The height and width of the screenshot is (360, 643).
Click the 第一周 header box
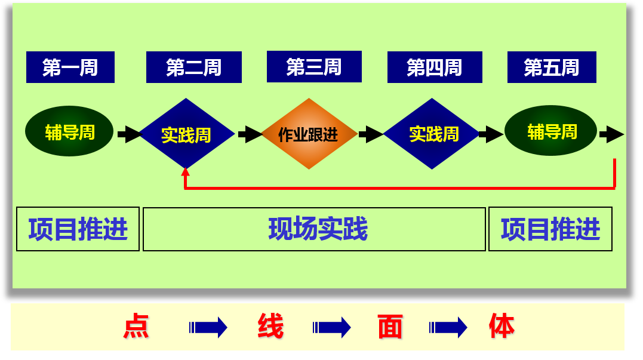click(x=70, y=67)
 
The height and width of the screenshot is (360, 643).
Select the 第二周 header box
click(x=194, y=67)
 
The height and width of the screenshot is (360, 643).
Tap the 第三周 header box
click(x=314, y=66)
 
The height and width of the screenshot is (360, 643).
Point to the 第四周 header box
click(x=435, y=67)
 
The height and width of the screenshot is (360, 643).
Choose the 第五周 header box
click(x=552, y=67)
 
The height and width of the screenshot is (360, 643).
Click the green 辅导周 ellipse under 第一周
click(x=69, y=131)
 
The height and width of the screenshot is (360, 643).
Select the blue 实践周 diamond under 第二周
click(x=186, y=134)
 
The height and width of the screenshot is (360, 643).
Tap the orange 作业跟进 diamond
click(x=309, y=134)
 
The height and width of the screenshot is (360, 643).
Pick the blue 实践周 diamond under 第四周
click(x=432, y=134)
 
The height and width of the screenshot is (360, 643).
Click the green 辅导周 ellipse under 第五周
click(x=550, y=131)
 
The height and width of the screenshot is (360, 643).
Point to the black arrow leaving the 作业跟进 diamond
click(x=371, y=134)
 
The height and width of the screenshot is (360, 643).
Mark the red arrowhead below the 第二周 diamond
click(x=186, y=172)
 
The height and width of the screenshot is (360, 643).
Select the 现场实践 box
click(x=314, y=229)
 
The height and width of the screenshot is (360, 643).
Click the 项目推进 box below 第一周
click(x=78, y=229)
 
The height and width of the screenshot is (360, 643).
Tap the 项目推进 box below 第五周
click(x=550, y=229)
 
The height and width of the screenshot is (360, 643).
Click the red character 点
click(x=136, y=327)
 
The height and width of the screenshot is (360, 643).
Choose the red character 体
click(x=502, y=326)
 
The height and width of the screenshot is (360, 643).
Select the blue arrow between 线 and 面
click(x=331, y=327)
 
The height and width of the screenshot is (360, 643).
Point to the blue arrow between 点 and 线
click(x=208, y=327)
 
